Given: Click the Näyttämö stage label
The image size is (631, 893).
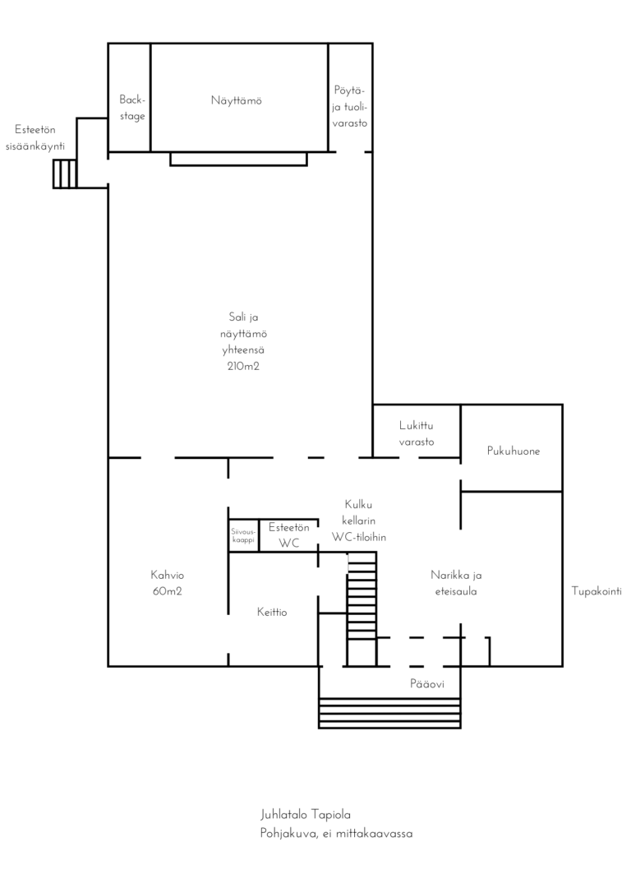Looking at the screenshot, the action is point(236,101).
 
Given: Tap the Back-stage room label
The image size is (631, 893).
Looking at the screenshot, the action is point(132,108).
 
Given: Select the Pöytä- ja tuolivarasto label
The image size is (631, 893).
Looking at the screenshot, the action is point(349,107).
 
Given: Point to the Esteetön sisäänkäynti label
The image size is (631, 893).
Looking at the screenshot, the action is point(35,138).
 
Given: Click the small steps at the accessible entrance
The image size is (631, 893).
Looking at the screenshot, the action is point(65,174).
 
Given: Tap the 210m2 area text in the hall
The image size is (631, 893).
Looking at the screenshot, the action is point(243,366).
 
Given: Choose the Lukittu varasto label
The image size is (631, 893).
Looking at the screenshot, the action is point(417,433).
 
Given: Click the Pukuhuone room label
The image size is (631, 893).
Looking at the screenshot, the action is point(514,451).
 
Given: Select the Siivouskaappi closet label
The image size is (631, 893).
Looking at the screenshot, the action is point(243,536).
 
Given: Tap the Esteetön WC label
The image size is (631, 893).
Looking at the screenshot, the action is point(289,535).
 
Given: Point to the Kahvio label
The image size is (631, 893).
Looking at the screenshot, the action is point(168,576).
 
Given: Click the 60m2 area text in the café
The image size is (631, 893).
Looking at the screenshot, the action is point(168,591).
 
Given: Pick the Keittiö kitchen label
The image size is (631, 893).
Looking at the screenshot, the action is point(272,613).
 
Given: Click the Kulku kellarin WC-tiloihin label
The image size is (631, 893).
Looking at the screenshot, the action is point(359,521).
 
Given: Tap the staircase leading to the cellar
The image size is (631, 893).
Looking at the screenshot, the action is point(362,609).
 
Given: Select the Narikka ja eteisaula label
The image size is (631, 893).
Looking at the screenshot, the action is point(456,583).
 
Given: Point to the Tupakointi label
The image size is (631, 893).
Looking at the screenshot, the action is point(596,591).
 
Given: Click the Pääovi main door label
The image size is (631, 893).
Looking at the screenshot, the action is point(427,684).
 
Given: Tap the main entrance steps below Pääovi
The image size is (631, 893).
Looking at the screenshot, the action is point(389,713).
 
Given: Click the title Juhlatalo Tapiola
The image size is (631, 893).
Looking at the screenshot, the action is point(306,815).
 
